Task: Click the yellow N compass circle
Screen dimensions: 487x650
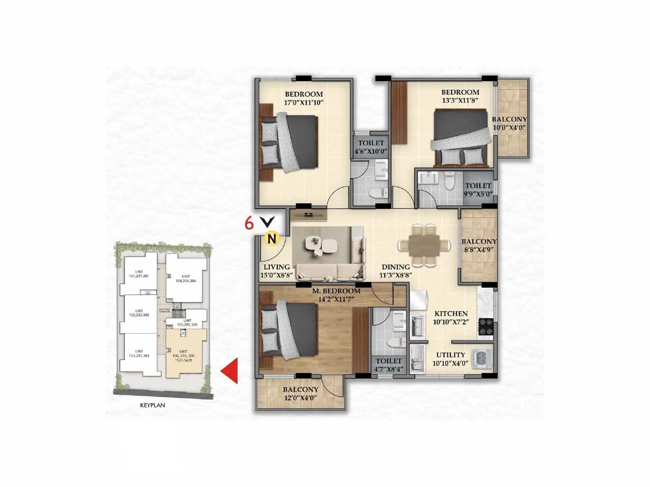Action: (272, 239)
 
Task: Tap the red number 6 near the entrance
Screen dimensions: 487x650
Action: (249, 223)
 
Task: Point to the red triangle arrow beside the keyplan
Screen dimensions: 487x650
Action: (230, 371)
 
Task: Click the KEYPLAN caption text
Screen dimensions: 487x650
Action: (152, 405)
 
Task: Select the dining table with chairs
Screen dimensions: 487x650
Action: (424, 245)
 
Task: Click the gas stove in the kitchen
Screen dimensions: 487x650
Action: (486, 327)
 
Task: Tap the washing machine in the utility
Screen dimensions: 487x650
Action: (481, 359)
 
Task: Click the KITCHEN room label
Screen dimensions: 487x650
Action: (451, 314)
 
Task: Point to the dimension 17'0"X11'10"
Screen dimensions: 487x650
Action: (303, 103)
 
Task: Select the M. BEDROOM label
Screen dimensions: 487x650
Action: (336, 291)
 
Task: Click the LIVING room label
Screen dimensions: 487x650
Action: (277, 267)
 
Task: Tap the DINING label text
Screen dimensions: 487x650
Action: (395, 267)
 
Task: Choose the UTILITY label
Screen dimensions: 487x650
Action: (450, 355)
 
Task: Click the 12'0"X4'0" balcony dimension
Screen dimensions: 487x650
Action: (301, 398)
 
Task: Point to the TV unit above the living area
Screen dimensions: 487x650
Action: (309, 214)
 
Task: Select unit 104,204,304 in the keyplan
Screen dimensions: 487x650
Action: (186, 279)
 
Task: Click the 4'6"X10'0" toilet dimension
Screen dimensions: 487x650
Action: (371, 151)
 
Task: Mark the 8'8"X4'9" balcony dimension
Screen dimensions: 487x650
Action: (479, 250)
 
